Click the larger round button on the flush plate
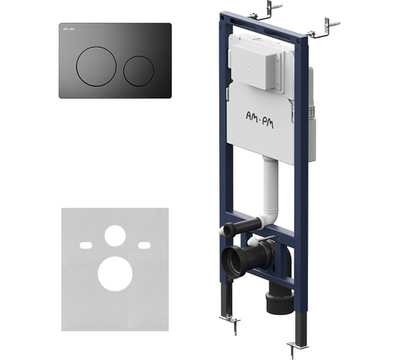pos(96,66)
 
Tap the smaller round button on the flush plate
pos(139,71)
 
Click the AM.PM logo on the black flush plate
pos(69,29)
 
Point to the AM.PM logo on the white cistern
pos(259,119)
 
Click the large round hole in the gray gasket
pos(115,274)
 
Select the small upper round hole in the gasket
pos(115,236)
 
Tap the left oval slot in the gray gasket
pos(86,246)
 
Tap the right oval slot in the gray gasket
pos(144,246)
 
